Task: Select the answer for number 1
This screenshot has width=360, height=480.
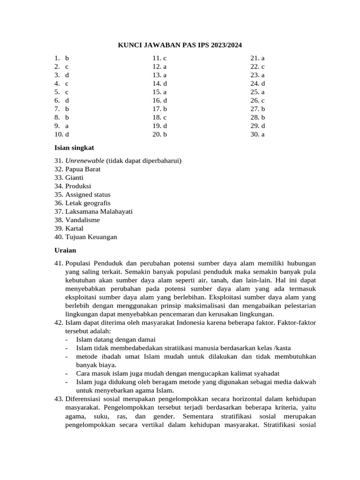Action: tap(67, 58)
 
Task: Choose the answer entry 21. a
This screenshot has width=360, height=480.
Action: tap(257, 58)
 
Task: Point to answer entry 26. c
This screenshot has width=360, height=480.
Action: tap(257, 100)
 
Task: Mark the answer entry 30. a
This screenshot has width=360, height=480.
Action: tap(257, 134)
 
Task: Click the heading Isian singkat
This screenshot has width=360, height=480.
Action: tap(74, 148)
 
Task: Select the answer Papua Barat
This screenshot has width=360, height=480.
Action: tap(83, 169)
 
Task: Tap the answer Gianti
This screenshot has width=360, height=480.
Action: tap(75, 178)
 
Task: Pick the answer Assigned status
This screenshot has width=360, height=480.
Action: tap(88, 195)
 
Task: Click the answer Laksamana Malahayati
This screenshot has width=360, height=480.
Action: tap(99, 211)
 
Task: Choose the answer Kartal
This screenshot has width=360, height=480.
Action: tap(75, 228)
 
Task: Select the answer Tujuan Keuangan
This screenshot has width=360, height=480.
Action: tap(91, 237)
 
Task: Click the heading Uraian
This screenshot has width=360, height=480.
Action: tap(65, 250)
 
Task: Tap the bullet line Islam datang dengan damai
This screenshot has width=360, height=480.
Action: tap(116, 339)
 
